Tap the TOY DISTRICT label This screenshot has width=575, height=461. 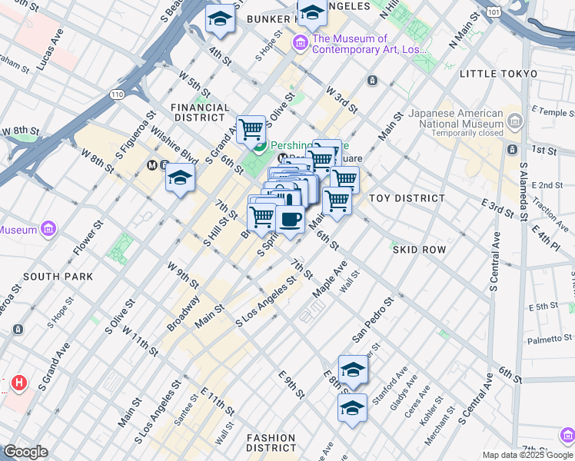click(407, 198)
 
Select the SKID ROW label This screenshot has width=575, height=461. click(419, 250)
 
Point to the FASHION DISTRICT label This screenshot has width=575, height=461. click(271, 442)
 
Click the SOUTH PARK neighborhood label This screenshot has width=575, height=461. click(58, 277)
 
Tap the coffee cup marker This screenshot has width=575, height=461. click(290, 220)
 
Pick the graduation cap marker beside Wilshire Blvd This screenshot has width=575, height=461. click(180, 178)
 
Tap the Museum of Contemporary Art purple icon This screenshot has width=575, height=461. click(299, 45)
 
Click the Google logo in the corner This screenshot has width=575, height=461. click(25, 452)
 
